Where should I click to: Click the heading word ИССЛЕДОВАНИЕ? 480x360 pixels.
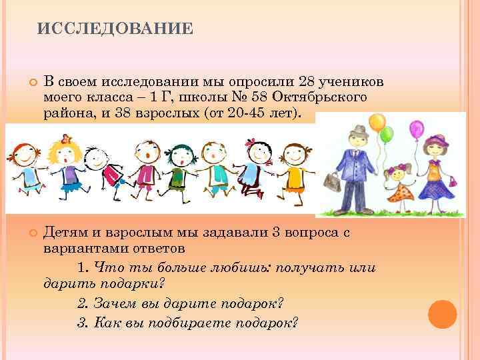[115, 28]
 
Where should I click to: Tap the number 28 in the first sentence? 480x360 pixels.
[309, 81]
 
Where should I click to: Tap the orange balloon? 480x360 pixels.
[377, 122]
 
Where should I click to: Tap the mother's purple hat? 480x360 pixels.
[438, 140]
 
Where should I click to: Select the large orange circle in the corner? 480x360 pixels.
[442, 314]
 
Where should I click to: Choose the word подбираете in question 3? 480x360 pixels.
[193, 323]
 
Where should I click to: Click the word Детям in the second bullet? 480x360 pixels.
[64, 233]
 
